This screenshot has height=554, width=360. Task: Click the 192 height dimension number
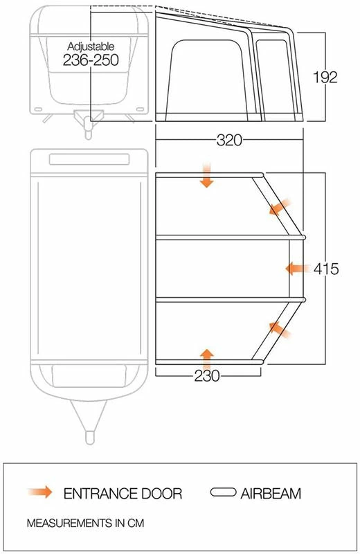325,77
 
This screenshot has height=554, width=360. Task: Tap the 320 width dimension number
229,140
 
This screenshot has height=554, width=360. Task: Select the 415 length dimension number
326,269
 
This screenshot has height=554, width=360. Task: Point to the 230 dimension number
207,375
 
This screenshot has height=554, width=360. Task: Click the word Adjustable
91,46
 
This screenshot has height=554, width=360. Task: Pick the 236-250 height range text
91,60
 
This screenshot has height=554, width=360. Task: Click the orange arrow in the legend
40,492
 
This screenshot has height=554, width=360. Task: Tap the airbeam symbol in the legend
223,492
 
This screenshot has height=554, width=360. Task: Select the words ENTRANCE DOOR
123,493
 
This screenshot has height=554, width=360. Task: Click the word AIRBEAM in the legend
271,493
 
